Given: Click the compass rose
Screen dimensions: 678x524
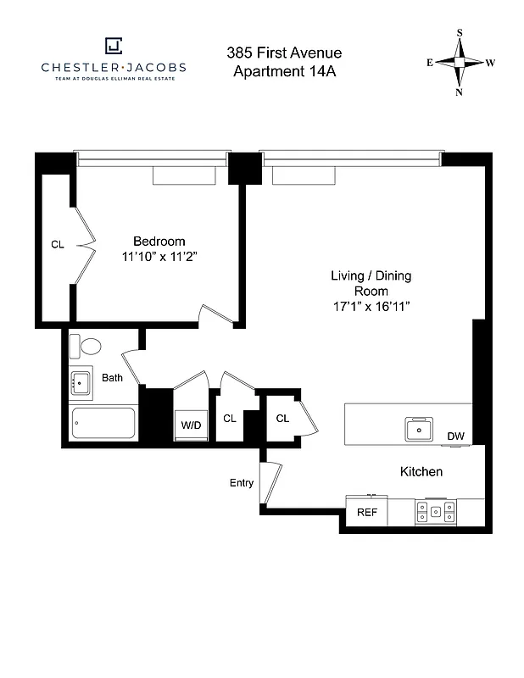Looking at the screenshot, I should click(460, 63).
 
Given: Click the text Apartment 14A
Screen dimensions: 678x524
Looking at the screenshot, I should click(284, 71).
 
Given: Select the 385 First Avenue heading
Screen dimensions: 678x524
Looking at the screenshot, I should click(284, 53).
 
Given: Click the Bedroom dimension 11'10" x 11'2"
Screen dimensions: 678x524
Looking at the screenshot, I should click(159, 256).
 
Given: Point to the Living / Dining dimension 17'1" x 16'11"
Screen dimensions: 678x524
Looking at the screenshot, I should click(371, 306).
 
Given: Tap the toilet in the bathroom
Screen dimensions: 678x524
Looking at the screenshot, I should click(86, 346).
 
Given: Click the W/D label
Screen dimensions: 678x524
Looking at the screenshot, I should click(190, 425).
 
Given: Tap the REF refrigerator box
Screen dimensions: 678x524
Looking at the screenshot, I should click(366, 513).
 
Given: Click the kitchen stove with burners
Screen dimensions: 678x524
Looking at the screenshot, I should click(435, 512).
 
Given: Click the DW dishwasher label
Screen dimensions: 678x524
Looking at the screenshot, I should click(456, 436).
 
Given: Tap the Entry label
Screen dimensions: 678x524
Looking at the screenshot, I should click(242, 483).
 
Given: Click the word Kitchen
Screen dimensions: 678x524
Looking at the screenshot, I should click(421, 471).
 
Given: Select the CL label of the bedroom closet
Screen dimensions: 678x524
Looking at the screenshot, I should click(58, 245).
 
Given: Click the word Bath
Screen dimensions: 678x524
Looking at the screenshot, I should click(113, 378).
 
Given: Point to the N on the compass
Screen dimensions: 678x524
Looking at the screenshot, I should click(460, 92).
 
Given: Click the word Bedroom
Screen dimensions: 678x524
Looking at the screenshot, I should click(159, 241).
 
